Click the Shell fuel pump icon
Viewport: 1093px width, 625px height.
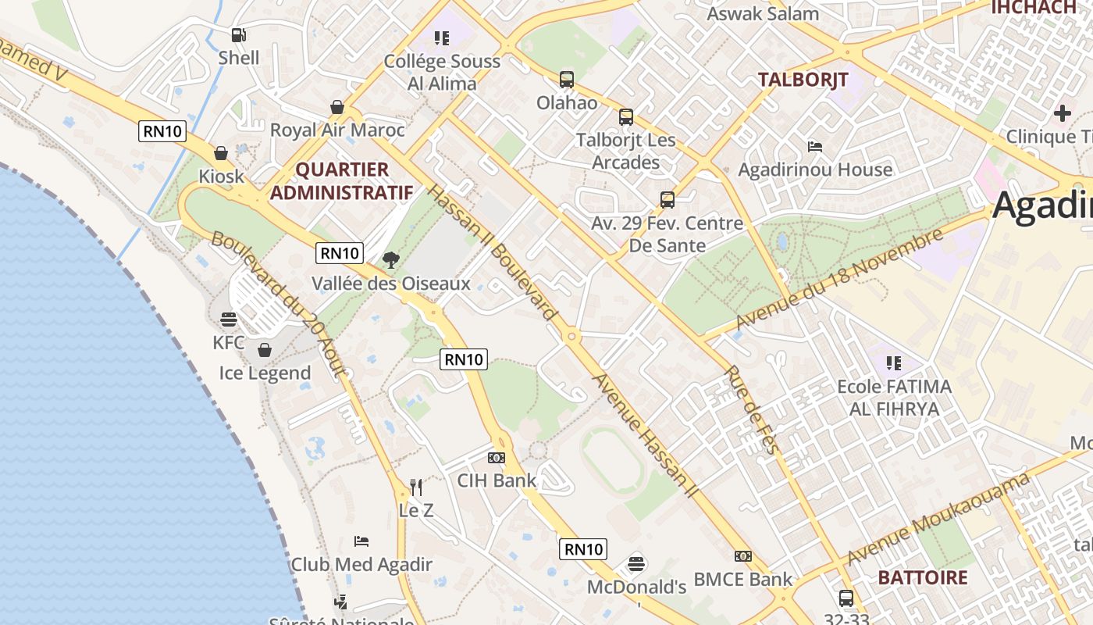238,34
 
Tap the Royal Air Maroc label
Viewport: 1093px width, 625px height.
337,130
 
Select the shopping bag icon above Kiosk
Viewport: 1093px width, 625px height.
221,153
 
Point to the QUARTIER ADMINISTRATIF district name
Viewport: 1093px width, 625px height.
341,181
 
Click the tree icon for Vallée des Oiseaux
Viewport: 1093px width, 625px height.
391,260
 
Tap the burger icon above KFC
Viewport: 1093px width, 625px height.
228,319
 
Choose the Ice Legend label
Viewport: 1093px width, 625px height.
265,373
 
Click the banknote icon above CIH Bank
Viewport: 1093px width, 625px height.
497,458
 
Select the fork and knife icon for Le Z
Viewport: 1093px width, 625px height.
416,487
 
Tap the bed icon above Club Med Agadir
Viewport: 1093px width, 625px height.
361,541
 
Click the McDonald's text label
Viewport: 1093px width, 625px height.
636,587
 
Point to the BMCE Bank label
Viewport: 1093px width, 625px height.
742,579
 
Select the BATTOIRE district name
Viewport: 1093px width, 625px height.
922,578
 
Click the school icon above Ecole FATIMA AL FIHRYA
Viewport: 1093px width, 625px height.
894,362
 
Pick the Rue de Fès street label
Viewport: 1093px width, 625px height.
753,409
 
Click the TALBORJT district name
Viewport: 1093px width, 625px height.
803,80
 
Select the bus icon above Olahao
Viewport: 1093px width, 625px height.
567,80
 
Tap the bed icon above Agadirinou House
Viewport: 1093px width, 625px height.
814,146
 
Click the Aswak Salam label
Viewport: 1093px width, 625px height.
763,13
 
